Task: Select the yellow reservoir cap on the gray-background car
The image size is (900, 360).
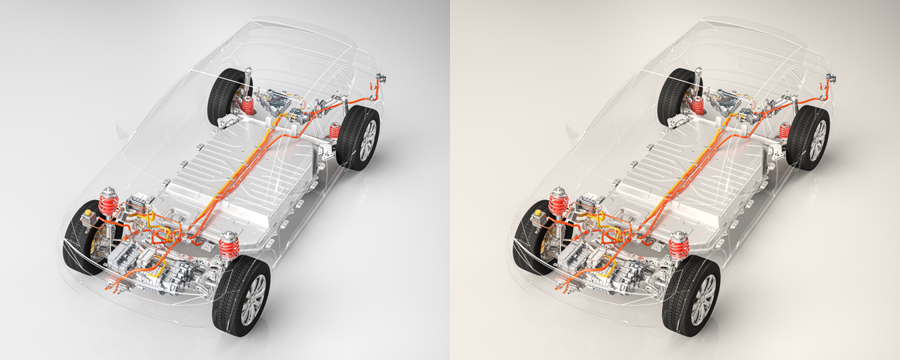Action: [x=88, y=215]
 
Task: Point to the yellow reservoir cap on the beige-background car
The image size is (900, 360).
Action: [x=538, y=215]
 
